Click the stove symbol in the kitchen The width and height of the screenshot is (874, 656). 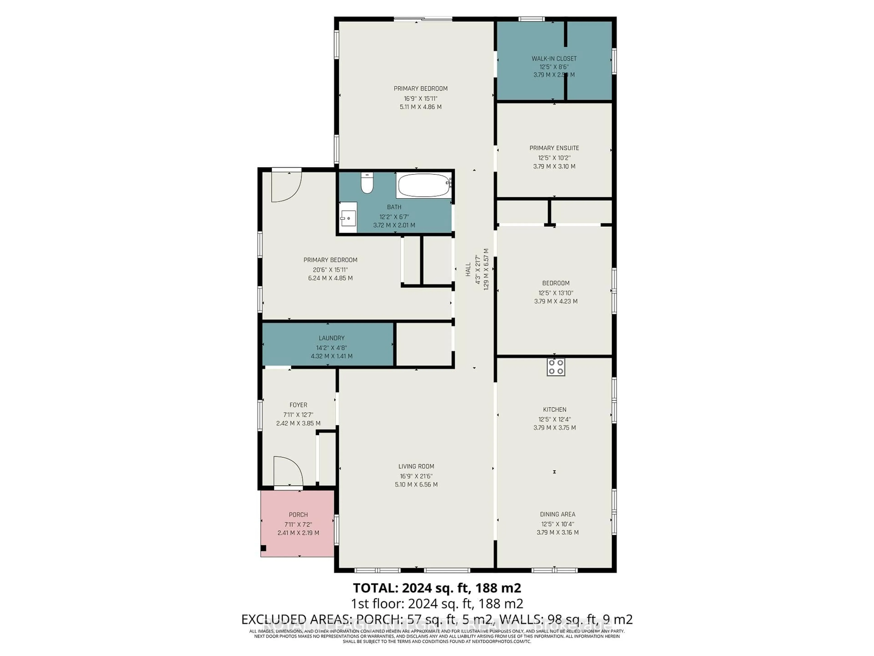[x=556, y=366]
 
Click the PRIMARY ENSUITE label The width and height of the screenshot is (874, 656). [x=554, y=148]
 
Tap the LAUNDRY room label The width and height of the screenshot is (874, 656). [x=331, y=338]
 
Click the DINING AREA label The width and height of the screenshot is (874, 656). [x=557, y=514]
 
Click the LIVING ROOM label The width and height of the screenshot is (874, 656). [x=416, y=466]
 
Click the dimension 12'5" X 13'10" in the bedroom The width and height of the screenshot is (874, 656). [x=556, y=293]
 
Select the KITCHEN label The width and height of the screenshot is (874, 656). [x=554, y=410]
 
